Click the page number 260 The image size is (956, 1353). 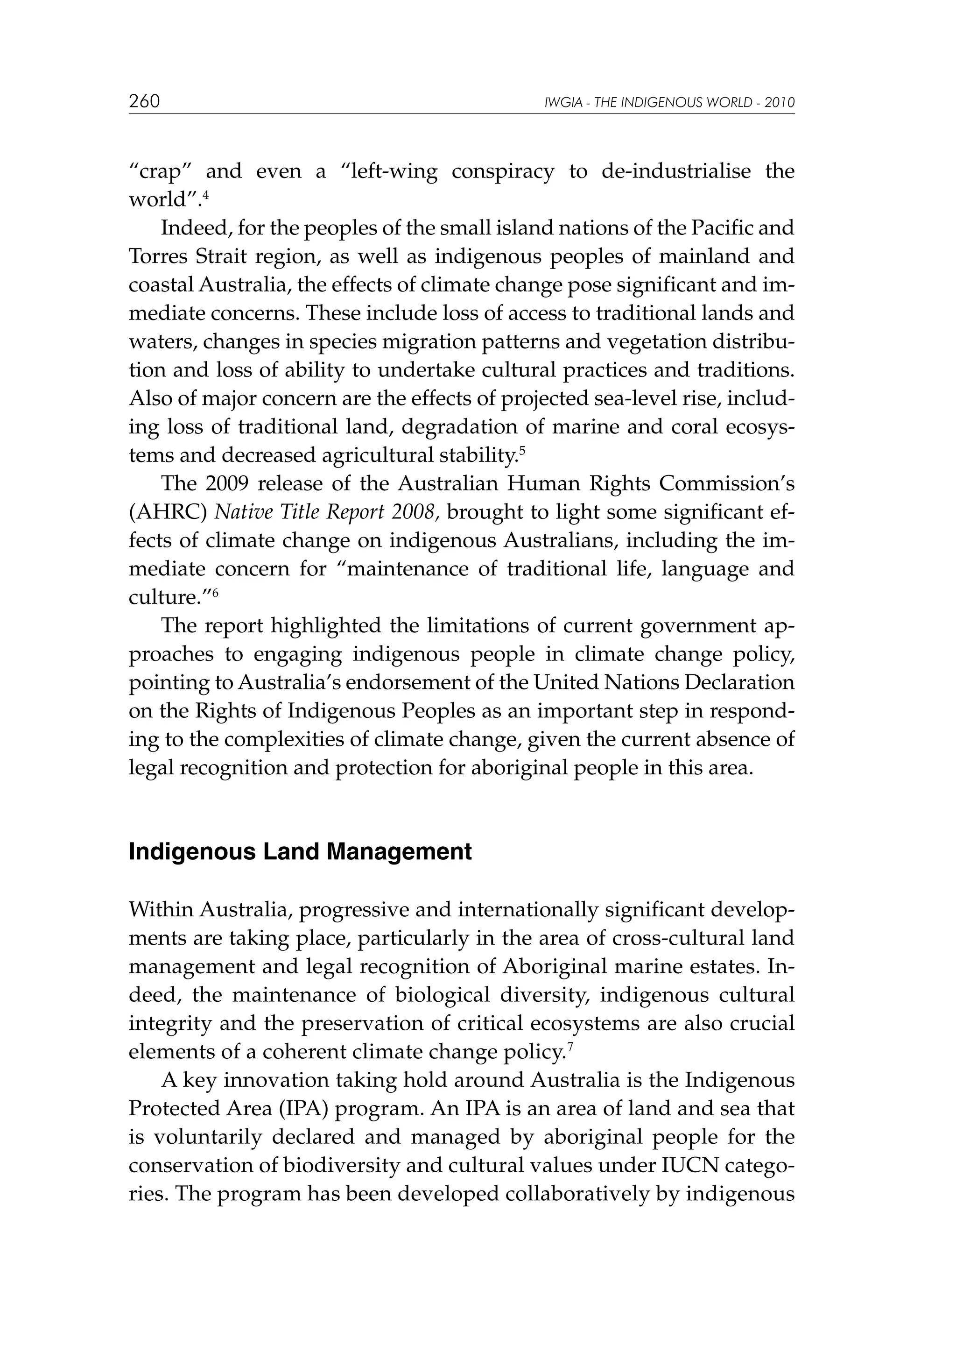coord(144,101)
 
